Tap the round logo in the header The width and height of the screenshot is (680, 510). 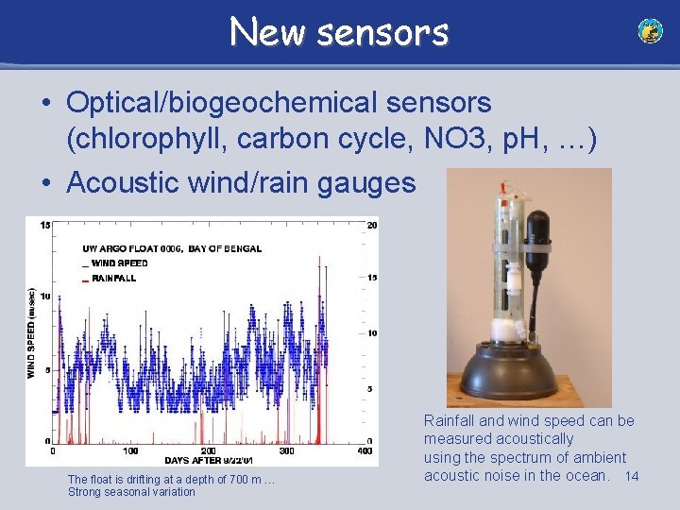tap(650, 31)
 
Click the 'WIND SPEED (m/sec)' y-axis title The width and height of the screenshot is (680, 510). tap(30, 333)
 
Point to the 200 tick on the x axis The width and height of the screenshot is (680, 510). tap(209, 450)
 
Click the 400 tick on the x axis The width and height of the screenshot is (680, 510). tap(365, 450)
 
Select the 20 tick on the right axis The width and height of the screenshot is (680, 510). tap(373, 225)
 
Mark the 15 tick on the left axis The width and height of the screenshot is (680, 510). tap(44, 224)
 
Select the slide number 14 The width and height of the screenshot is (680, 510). tap(632, 476)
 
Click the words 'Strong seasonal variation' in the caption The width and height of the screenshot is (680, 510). tap(131, 492)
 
